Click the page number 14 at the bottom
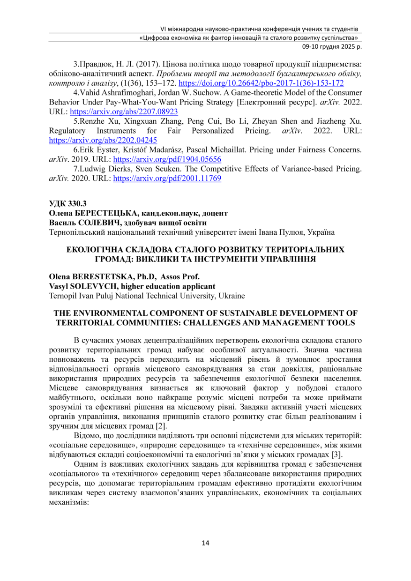coord(205,543)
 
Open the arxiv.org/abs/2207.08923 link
coord(124,112)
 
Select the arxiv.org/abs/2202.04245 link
coord(103,140)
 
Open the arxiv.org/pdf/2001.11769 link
coord(167,179)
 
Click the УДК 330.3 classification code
coord(68,204)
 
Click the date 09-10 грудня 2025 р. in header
coord(331,47)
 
